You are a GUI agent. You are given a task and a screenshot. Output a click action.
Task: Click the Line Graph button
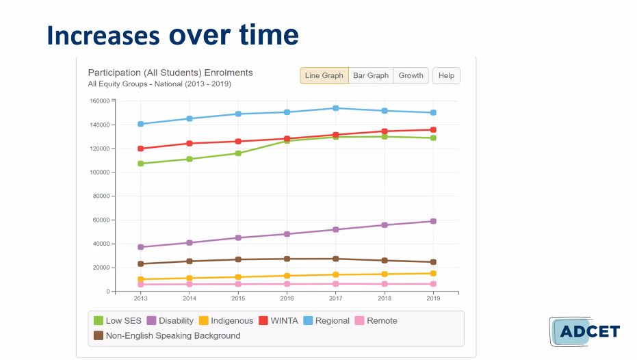[x=324, y=75]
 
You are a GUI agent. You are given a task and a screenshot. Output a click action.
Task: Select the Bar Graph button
[x=371, y=75]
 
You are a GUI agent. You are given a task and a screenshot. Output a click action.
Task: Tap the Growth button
[x=411, y=75]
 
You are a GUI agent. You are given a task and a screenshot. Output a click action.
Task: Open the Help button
[x=446, y=75]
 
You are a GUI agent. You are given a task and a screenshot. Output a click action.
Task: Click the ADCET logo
[x=584, y=332]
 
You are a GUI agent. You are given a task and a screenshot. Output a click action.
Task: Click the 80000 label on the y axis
[x=101, y=196]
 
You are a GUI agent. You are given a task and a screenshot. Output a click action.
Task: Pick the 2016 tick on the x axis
[x=287, y=298]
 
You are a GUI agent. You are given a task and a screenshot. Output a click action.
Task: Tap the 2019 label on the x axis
[x=433, y=298]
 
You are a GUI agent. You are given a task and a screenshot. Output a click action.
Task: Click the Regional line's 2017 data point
[x=335, y=108]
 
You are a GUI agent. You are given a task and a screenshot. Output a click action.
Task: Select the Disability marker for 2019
[x=433, y=221]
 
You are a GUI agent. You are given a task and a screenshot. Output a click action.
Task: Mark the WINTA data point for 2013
[x=141, y=149]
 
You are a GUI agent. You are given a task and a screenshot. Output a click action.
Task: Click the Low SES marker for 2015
[x=238, y=153]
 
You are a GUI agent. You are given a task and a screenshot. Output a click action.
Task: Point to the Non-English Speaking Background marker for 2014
[x=190, y=261]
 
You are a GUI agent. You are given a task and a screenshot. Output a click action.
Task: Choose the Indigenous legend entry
[x=226, y=320]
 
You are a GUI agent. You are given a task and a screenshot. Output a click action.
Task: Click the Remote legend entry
[x=376, y=320]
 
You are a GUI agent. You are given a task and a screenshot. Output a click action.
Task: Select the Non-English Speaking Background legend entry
[x=167, y=335]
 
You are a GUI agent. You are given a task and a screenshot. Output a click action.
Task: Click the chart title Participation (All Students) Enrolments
[x=170, y=73]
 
